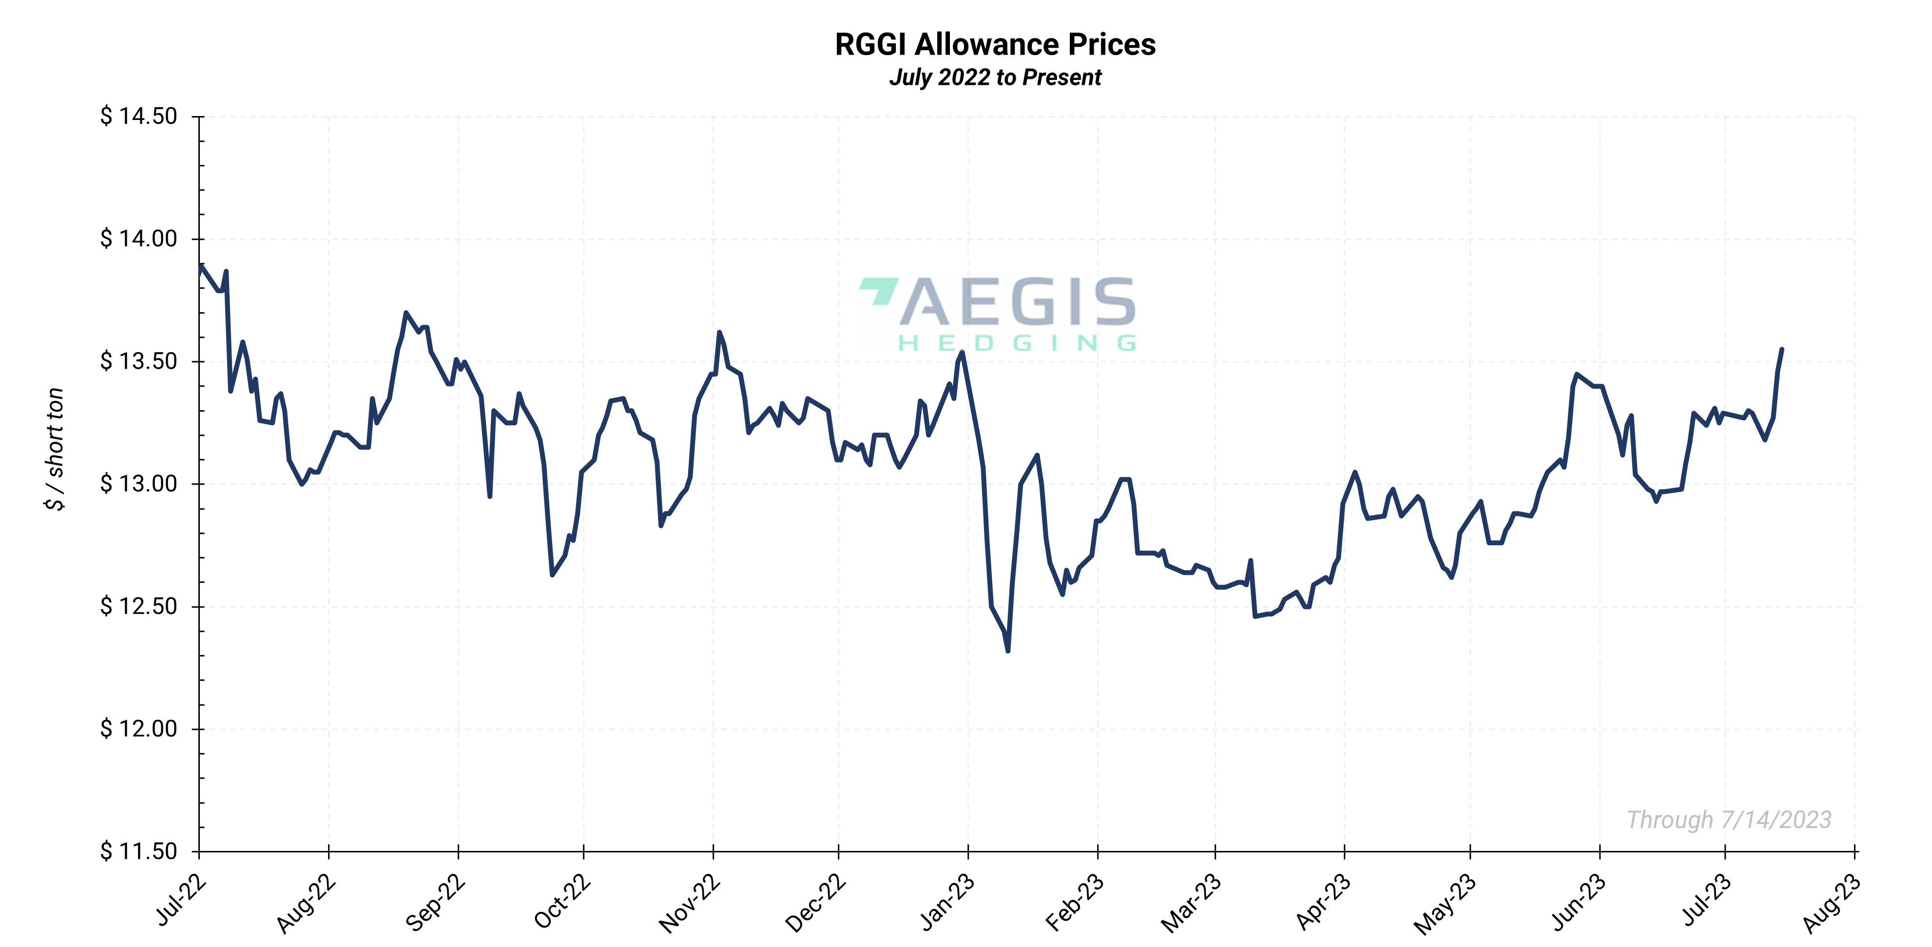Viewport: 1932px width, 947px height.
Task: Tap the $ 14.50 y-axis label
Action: [139, 117]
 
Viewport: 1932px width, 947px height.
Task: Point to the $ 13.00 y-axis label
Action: [139, 483]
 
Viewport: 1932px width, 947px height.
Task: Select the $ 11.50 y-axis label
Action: [139, 851]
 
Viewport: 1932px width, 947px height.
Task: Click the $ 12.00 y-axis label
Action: [139, 729]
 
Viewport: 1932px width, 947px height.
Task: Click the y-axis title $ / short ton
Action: [55, 449]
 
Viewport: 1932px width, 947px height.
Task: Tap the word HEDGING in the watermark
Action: [1017, 344]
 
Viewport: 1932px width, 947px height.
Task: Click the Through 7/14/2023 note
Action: [1729, 819]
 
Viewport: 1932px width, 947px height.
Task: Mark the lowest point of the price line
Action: [1008, 651]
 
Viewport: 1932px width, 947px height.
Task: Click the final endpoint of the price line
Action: [1782, 349]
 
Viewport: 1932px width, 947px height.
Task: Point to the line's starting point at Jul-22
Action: [200, 265]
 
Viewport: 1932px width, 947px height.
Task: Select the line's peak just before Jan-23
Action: [962, 352]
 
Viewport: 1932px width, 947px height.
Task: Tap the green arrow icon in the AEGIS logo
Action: [879, 291]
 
